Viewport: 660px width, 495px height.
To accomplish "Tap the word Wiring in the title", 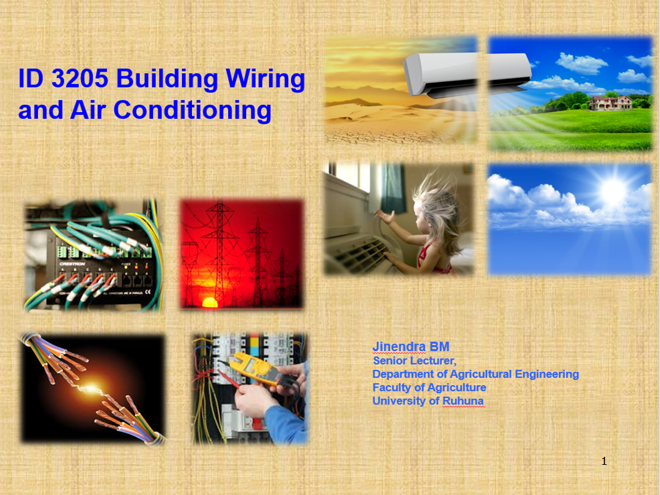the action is click(265, 79).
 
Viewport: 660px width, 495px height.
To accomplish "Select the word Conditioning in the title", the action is click(193, 111).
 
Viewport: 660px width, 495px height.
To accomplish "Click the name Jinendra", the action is click(399, 347).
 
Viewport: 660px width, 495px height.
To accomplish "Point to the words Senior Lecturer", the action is click(415, 361).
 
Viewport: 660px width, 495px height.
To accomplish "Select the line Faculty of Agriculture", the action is click(429, 387).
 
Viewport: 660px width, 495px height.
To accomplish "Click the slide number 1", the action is click(604, 461).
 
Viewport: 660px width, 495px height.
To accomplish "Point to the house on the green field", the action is click(610, 102).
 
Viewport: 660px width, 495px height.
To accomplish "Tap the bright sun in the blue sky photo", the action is click(614, 189).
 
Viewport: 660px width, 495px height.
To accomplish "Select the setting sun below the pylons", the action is click(210, 302).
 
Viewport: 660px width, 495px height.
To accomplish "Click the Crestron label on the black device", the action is click(72, 264).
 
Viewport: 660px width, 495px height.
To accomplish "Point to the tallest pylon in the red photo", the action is click(219, 253).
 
